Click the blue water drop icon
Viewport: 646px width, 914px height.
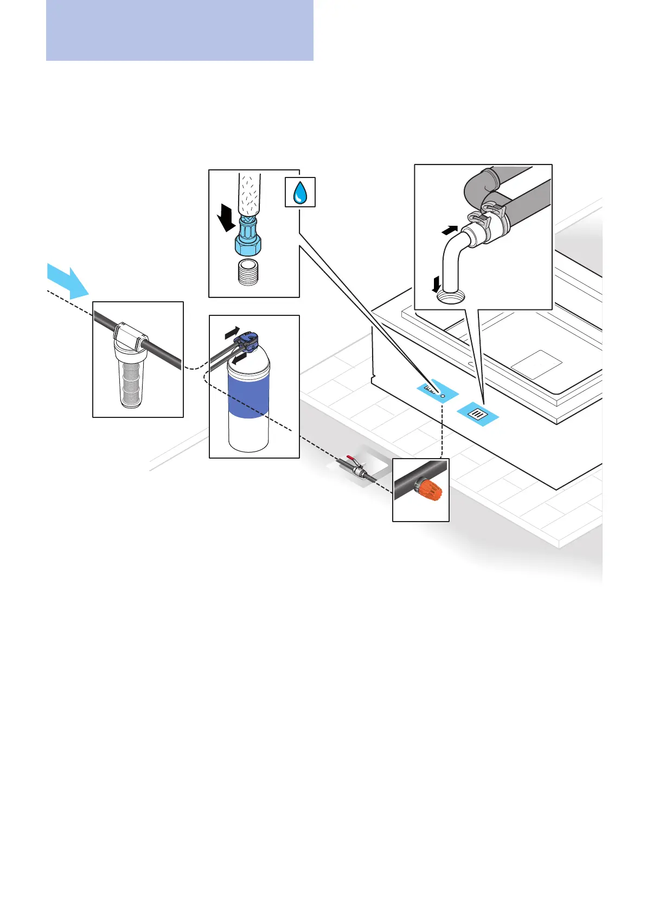[x=300, y=192]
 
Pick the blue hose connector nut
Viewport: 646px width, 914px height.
[x=248, y=242]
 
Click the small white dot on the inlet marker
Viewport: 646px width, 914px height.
[x=443, y=396]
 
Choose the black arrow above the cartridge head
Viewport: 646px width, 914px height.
[x=231, y=331]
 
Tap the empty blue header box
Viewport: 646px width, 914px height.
[x=180, y=30]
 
